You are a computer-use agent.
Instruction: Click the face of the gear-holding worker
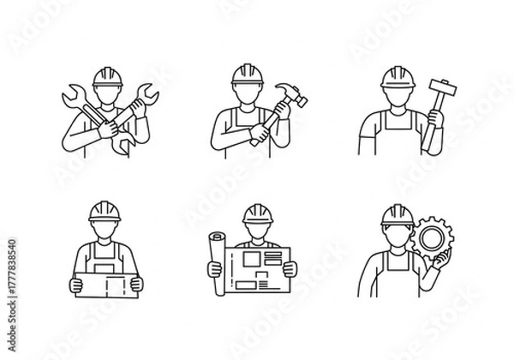(395, 235)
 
